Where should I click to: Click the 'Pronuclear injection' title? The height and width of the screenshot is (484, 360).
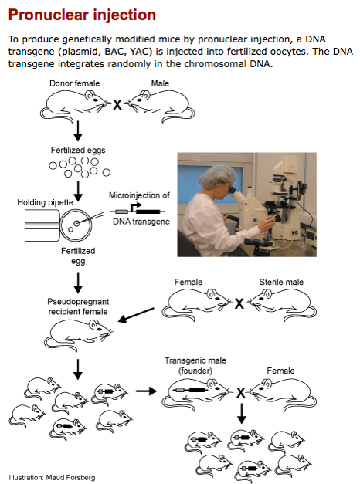tap(82, 15)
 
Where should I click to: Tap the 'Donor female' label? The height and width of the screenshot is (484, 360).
tap(74, 83)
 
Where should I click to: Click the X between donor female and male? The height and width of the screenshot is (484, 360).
tap(117, 105)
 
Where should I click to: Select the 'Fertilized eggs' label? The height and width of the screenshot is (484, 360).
tap(78, 150)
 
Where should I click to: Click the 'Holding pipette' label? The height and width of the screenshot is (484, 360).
tap(45, 202)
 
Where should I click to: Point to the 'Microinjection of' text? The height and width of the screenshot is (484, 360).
tap(139, 195)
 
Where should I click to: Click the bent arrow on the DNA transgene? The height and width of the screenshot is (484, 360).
tap(135, 207)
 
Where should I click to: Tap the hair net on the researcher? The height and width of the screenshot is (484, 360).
tap(216, 175)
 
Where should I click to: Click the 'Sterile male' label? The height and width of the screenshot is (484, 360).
tap(281, 282)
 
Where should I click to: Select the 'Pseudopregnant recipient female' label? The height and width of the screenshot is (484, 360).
tap(78, 306)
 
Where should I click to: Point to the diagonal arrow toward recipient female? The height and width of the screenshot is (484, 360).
tap(136, 315)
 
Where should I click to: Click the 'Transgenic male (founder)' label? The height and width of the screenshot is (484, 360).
tap(195, 365)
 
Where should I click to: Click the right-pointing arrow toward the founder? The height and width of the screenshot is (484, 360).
tap(147, 391)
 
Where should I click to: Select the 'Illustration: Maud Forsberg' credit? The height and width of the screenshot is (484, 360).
tap(52, 478)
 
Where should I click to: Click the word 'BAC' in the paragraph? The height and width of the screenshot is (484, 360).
tap(114, 52)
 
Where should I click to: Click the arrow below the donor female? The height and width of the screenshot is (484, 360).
tap(78, 131)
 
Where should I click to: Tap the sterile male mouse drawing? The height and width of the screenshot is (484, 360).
tap(283, 305)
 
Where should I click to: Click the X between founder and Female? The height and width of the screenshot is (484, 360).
tap(240, 393)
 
